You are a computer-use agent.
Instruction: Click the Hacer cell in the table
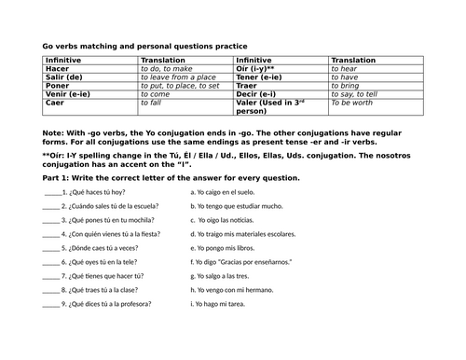pos(56,68)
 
